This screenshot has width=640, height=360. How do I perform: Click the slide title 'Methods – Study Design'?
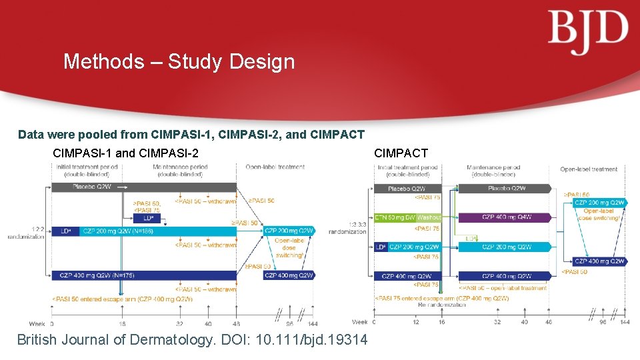[x=179, y=62]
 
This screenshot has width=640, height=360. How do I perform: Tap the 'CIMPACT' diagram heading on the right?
[x=401, y=153]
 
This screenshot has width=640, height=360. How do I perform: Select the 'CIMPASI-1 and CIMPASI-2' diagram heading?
[x=125, y=153]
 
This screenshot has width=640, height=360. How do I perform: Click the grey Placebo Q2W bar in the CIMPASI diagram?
[x=143, y=187]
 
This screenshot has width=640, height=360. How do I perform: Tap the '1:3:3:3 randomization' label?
[x=357, y=228]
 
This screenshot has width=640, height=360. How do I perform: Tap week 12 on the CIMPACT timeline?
[x=416, y=322]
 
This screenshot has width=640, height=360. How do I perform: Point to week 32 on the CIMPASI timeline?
[x=179, y=323]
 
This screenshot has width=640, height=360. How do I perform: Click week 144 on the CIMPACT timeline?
[x=624, y=322]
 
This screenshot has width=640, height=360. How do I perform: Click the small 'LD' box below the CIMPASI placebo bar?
[x=147, y=217]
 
